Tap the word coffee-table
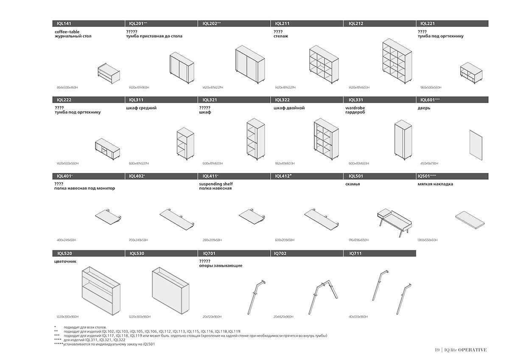point(67,31)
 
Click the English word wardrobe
point(355,108)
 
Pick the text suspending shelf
point(215,184)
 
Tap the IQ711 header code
point(354,253)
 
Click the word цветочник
point(65,262)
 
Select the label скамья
point(352,184)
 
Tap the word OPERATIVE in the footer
point(472,350)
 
